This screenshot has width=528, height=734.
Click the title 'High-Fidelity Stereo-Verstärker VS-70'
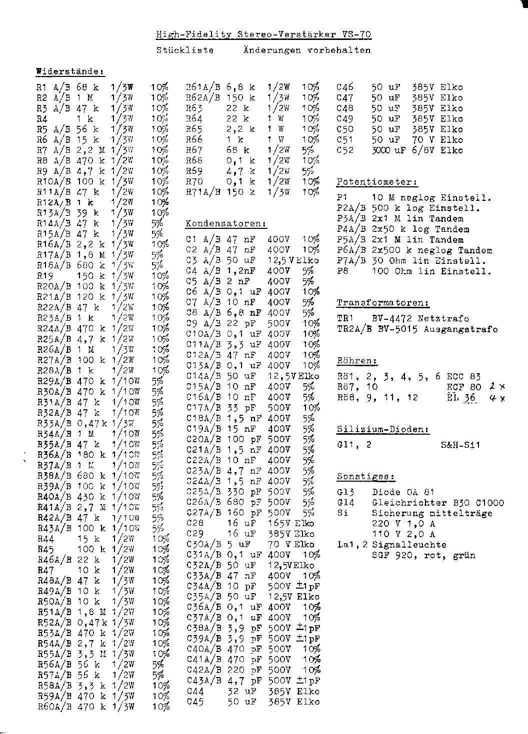[x=263, y=34]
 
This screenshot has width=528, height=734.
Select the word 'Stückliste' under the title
[x=185, y=50]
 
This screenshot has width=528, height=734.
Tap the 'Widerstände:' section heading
[x=70, y=71]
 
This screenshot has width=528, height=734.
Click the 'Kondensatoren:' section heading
[x=225, y=223]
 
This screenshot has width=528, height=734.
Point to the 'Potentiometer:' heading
[x=377, y=182]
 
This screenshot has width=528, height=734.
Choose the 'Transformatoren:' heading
[x=383, y=303]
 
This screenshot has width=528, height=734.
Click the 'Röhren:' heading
[x=356, y=360]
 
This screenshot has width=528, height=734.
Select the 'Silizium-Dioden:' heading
[x=383, y=429]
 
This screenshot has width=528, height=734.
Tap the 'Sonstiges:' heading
[x=365, y=476]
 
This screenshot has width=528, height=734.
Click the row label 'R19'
[x=46, y=276]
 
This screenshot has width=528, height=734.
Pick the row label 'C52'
[x=345, y=150]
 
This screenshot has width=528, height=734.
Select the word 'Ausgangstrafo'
[x=460, y=329]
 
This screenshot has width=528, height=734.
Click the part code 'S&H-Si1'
[x=460, y=445]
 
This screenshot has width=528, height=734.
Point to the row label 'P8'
[x=342, y=271]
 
